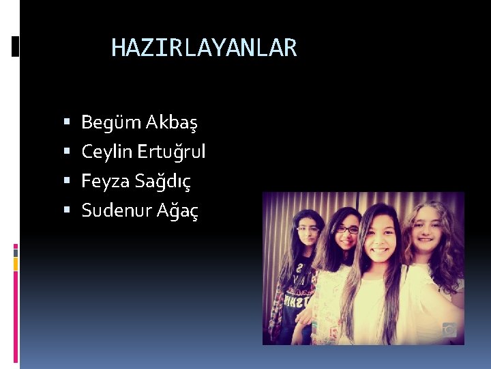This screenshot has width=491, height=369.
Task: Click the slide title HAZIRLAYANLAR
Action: [204, 48]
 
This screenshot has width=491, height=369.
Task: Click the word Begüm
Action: [102, 123]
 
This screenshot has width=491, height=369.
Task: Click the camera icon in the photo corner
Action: [449, 329]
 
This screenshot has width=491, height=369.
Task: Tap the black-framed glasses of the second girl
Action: [347, 230]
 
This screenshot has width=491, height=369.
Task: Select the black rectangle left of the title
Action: [15, 46]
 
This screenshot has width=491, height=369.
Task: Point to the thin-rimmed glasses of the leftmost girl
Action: [308, 230]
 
